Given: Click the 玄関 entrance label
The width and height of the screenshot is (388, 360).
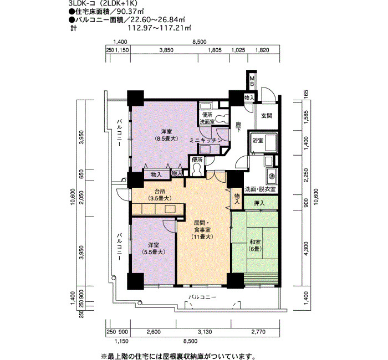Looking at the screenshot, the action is click(267, 115).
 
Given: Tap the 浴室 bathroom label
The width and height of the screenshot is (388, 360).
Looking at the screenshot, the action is click(258, 141).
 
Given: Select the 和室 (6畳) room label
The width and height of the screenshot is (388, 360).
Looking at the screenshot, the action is click(254, 245).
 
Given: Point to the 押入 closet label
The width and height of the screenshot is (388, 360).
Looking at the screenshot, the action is click(259, 203).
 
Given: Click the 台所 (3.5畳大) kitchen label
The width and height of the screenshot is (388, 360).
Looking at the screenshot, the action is click(160, 194).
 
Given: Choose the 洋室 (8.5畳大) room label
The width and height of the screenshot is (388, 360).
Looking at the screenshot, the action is click(166, 135).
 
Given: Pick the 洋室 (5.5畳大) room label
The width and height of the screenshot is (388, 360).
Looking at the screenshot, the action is click(154, 249).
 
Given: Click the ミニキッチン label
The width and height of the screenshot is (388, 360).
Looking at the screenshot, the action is click(206, 140).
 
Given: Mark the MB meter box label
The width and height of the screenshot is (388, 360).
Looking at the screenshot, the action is click(252, 81).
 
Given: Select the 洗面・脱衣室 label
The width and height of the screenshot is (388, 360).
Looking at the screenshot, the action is click(260, 189).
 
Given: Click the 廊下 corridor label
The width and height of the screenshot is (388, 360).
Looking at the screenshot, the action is click(238, 127).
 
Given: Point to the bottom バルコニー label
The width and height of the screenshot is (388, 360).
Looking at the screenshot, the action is click(202, 297).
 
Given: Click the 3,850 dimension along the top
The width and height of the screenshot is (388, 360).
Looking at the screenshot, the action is click(166, 50).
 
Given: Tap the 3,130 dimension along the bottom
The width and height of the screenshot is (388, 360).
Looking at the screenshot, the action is click(205, 332).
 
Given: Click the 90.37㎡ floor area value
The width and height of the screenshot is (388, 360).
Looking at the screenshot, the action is click(134, 11).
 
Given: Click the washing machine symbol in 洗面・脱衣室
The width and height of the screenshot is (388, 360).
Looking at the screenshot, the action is click(272, 176).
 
